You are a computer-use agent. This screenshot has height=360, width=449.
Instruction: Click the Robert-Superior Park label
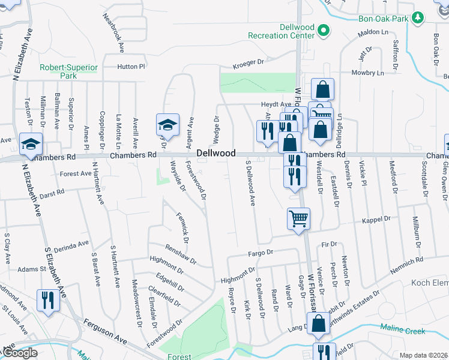tap(67, 72)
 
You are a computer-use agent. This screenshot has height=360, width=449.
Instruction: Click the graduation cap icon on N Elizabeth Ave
tap(31, 144)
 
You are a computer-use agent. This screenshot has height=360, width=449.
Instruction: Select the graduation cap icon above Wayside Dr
tap(168, 125)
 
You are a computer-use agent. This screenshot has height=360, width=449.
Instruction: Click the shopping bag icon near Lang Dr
tap(319, 323)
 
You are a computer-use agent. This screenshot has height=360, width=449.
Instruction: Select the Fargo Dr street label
tap(261, 253)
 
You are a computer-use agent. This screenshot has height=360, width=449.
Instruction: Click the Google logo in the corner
tap(19, 353)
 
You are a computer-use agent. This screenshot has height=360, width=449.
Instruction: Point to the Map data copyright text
tap(423, 355)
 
